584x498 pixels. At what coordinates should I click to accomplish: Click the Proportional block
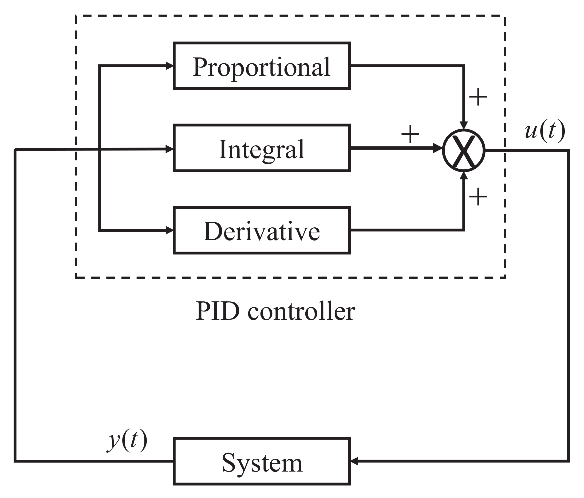(261, 66)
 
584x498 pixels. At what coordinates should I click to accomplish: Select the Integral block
(261, 148)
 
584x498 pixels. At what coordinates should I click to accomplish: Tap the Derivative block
(261, 230)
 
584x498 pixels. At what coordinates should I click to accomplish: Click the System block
(261, 461)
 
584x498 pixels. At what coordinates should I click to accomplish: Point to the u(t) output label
(544, 131)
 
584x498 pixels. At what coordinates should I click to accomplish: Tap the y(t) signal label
(127, 441)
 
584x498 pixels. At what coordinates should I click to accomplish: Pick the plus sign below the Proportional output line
(478, 97)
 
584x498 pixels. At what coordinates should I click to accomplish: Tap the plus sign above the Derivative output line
(478, 197)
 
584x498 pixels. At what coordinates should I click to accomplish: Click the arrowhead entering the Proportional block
(169, 66)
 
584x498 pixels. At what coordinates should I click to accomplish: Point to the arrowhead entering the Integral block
(169, 149)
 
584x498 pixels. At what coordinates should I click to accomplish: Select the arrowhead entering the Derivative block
(169, 230)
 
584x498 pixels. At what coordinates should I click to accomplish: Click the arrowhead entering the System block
(354, 461)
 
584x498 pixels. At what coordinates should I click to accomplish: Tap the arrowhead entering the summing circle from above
(464, 125)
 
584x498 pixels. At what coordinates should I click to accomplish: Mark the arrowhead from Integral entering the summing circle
(437, 148)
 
